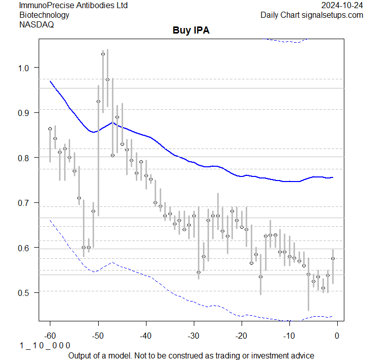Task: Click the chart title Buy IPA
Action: (x=191, y=31)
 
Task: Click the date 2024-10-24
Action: (x=342, y=5)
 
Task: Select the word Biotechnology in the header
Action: (x=44, y=15)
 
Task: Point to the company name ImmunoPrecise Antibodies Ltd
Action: (x=73, y=5)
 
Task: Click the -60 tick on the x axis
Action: (x=50, y=336)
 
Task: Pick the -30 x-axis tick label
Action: (x=193, y=336)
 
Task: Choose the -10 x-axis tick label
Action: (x=289, y=336)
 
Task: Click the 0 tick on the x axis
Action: (x=337, y=336)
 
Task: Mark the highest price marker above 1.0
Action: (x=103, y=54)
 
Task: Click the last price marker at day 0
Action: (x=333, y=258)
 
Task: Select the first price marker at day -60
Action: (x=50, y=129)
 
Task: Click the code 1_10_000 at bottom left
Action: (x=45, y=345)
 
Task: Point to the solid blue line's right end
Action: (x=333, y=177)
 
